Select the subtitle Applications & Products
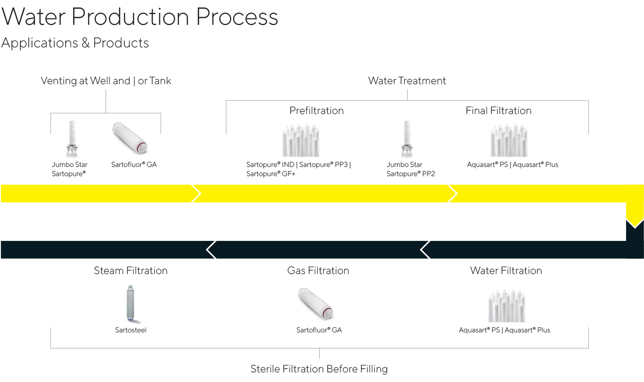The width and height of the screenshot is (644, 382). coord(75,43)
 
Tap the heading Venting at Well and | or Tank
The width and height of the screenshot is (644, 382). coord(106,81)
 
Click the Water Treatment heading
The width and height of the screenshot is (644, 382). coord(407,81)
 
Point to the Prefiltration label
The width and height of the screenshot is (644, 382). coord(316,111)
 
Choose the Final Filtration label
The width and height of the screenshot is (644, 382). coord(498,111)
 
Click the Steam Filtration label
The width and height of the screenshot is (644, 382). coord(131,271)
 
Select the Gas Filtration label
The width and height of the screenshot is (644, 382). coord(318,271)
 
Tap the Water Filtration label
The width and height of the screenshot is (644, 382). coord(506,271)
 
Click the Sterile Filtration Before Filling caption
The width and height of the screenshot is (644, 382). coord(319,369)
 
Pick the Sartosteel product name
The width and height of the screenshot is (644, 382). coord(131,330)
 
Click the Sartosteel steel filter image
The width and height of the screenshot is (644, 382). coord(131,303)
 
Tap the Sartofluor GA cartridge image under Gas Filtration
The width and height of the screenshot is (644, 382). coord(316,304)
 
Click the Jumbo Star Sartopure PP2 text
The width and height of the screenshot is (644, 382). coord(411,169)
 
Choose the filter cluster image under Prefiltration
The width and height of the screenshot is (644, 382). coord(301,140)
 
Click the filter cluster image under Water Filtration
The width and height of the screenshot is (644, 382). coord(506,306)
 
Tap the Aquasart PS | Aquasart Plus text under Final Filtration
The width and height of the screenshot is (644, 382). coord(512,165)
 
